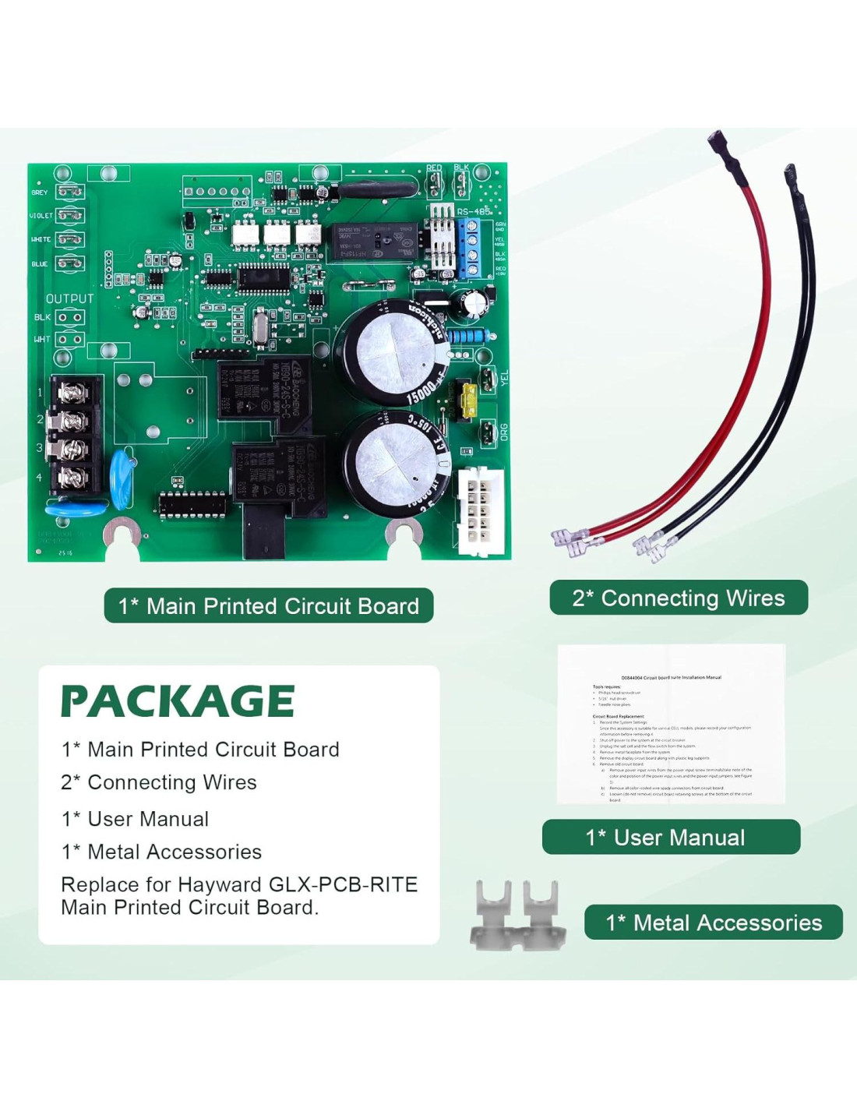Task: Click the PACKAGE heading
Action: [x=178, y=700]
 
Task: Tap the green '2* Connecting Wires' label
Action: [x=678, y=598]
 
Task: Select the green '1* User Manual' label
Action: [x=671, y=837]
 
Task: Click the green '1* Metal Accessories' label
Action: [x=713, y=923]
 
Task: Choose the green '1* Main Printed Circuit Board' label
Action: [x=268, y=605]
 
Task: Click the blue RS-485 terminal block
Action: [x=470, y=249]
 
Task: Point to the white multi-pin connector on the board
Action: [x=481, y=510]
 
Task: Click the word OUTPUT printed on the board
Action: [x=69, y=298]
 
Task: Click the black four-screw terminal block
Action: [x=74, y=434]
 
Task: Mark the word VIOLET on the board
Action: [x=41, y=216]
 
